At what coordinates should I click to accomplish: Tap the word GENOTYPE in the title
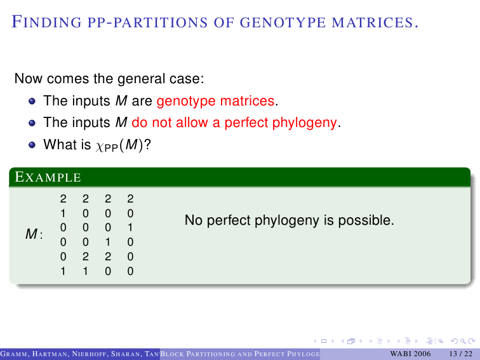pyautogui.click(x=283, y=23)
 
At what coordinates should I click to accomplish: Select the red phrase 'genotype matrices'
pyautogui.click(x=215, y=101)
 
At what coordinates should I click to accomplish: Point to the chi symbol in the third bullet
pyautogui.click(x=100, y=146)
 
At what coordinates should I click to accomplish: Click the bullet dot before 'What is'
pyautogui.click(x=32, y=145)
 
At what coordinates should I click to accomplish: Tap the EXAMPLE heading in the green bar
pyautogui.click(x=48, y=177)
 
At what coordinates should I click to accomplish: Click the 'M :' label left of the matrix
pyautogui.click(x=34, y=234)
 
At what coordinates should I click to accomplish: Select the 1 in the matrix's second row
pyautogui.click(x=63, y=213)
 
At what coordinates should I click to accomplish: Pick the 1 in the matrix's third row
pyautogui.click(x=130, y=228)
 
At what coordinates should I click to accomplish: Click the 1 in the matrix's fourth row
pyautogui.click(x=108, y=242)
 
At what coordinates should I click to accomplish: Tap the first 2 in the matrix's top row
pyautogui.click(x=63, y=199)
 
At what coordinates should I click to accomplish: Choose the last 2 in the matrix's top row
pyautogui.click(x=130, y=199)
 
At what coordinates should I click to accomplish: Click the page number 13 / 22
pyautogui.click(x=461, y=354)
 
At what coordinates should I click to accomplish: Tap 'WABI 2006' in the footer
pyautogui.click(x=410, y=354)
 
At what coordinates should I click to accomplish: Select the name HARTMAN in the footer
pyautogui.click(x=50, y=354)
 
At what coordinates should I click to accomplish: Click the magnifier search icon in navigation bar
pyautogui.click(x=463, y=341)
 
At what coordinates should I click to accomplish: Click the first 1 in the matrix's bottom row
pyautogui.click(x=63, y=271)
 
